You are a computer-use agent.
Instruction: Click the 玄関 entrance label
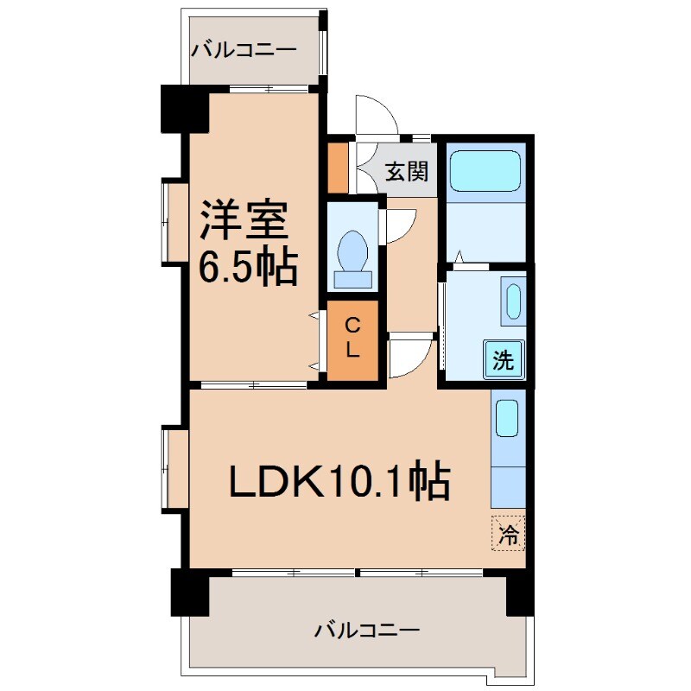[406, 171]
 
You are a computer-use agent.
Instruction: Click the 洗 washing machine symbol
[504, 359]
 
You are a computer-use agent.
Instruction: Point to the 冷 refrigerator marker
[510, 533]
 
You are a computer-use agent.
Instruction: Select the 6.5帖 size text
[249, 268]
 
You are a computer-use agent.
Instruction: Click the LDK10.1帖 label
[339, 482]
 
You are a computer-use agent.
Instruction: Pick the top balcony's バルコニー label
[244, 49]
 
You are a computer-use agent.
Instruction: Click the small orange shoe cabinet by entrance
[338, 166]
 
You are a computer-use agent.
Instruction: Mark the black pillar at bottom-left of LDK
[190, 592]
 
